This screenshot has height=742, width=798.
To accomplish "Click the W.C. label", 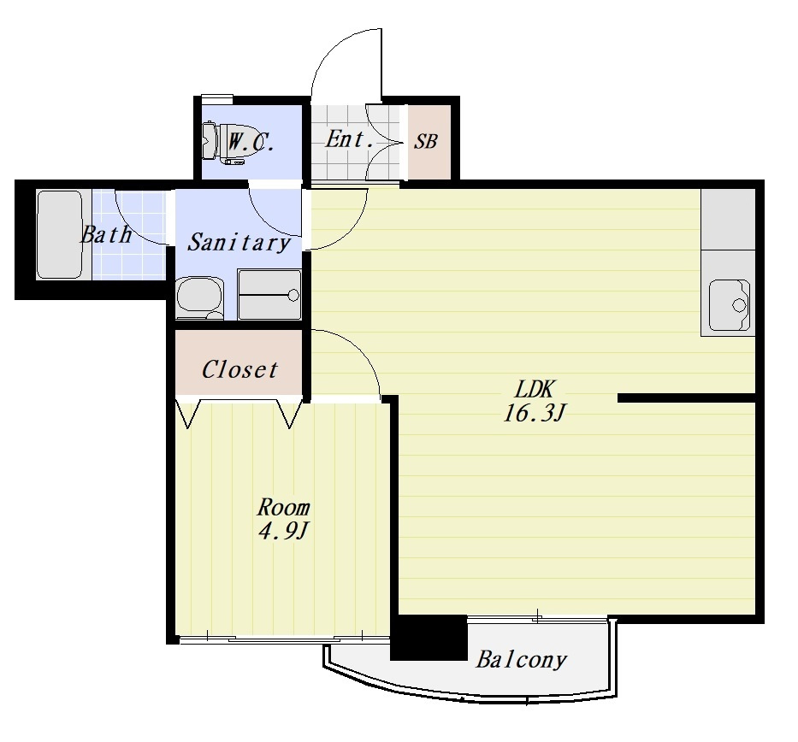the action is pos(251,142).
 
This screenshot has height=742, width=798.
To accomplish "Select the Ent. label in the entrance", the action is pos(350,138).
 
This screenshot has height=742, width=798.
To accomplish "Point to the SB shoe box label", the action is pos(425,141).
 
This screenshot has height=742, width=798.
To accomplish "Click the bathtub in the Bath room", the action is pos(60,234).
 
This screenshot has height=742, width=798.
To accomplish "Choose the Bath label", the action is pos(106,234).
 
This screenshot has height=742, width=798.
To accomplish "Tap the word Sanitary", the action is pos(239,242).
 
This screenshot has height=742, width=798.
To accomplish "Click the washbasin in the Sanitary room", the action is pos(199,298).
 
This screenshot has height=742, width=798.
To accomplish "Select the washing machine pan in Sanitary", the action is pos(269,294).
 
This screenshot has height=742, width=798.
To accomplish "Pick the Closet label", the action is pos(239,370).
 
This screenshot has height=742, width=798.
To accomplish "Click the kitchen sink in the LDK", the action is pos(730,305).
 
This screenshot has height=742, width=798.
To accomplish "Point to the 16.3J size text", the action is pos(535,413).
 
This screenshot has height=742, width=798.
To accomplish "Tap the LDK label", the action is pos(534,390).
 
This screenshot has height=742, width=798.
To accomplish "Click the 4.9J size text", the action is pos(283,532).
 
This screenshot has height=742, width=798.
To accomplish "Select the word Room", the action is pos(283,507).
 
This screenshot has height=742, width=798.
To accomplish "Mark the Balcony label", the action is pos(521,660).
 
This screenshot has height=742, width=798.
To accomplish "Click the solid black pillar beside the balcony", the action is pos(429,638).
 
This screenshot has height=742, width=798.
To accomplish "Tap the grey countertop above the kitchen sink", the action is pos(728,219).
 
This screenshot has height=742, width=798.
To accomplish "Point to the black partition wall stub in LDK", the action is pos(687,397).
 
